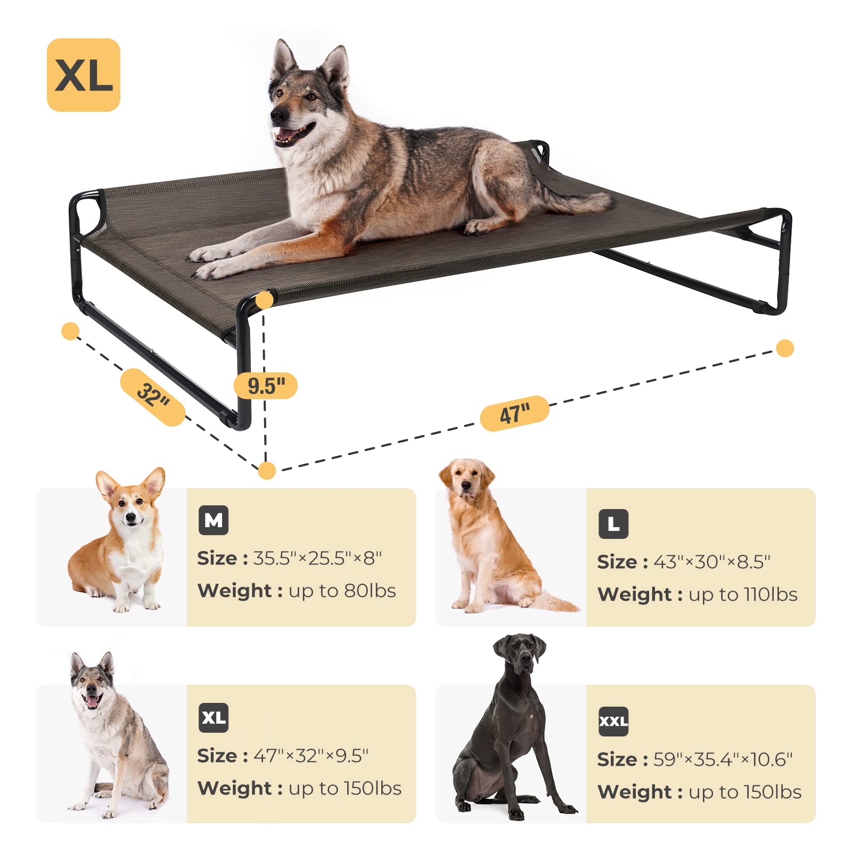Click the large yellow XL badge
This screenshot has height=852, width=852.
coord(84,75)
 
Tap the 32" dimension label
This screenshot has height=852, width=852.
coord(153,397)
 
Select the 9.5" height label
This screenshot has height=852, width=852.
coord(266,386)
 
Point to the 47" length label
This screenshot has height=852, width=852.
coord(514,413)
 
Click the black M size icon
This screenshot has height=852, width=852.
coord(214,520)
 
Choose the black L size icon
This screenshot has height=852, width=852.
coord(613,524)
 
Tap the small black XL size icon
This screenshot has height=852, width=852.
coord(214,718)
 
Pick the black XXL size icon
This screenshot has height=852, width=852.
coord(613,722)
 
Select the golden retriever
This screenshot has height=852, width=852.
coord(490,538)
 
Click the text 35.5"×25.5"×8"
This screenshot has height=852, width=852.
coord(317,558)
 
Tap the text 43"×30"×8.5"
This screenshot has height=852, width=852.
coord(712,562)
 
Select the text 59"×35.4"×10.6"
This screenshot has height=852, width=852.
coord(723,759)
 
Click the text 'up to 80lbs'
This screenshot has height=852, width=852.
coord(342,591)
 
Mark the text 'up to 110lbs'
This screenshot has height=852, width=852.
coord(743,594)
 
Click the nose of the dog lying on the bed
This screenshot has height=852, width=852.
coord(277,115)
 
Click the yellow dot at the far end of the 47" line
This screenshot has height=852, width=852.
coord(785,348)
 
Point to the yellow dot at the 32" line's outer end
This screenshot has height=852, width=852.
coord(70,331)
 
